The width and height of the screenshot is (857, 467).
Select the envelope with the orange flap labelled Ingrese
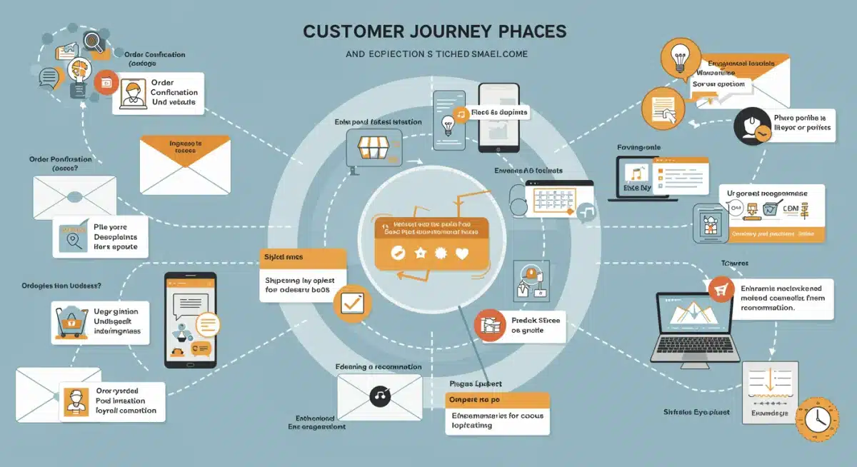185,164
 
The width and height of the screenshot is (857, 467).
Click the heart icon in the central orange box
461,253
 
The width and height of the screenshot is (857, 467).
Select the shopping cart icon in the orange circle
721,288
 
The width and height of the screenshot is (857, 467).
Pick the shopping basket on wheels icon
71,321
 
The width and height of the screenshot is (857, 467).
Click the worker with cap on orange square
76,401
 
